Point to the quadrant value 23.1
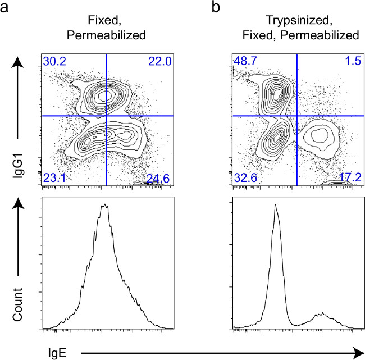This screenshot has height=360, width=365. (x=51, y=179)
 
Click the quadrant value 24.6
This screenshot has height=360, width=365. (x=158, y=179)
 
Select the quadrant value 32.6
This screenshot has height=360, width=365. (x=244, y=179)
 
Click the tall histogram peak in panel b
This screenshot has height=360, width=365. (x=276, y=206)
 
